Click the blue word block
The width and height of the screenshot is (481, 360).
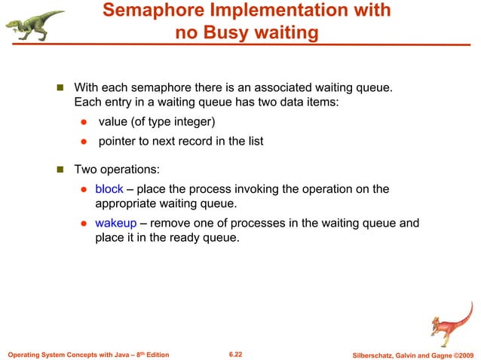click(109, 189)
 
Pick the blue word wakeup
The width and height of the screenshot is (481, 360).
click(115, 224)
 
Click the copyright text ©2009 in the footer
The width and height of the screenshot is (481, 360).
click(461, 354)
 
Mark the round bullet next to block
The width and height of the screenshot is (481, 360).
click(84, 190)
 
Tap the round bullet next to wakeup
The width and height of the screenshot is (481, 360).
click(84, 224)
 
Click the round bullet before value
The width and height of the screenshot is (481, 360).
click(84, 124)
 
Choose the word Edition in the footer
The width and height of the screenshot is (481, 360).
click(155, 354)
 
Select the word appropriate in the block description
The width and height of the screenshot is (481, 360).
click(128, 203)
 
